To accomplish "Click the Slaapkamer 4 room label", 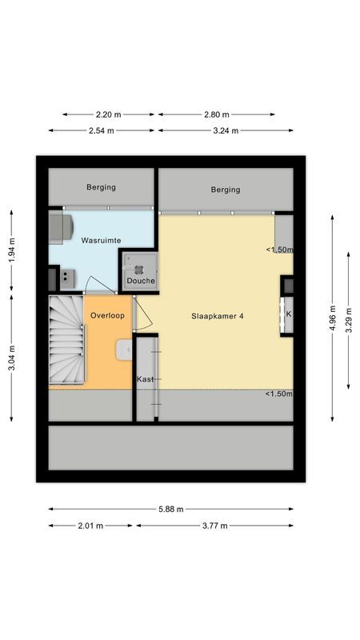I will click(218, 316).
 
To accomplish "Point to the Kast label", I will click(145, 378).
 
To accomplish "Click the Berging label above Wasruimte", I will click(102, 187).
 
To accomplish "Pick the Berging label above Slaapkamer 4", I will click(225, 190).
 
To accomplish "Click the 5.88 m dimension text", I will click(170, 509).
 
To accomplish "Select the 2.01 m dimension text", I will click(91, 526).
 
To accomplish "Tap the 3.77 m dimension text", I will click(214, 526).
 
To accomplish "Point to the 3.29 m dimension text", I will click(349, 316).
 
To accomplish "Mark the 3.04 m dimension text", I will click(11, 356).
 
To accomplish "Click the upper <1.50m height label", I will click(279, 250).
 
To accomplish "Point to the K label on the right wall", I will click(289, 314).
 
